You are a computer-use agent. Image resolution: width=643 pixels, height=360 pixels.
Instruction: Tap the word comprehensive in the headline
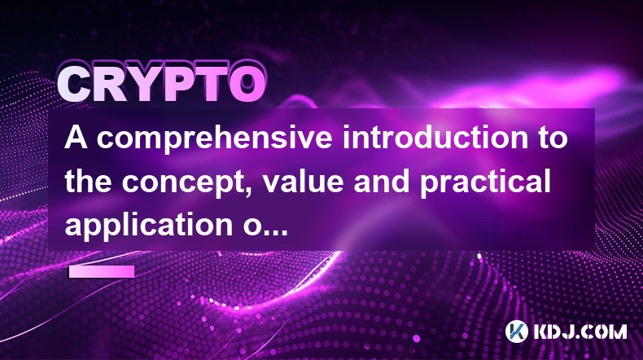click(x=215, y=138)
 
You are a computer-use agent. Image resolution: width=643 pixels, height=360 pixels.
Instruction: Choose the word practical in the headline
click(x=485, y=182)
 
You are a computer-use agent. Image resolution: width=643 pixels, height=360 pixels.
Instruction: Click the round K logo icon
click(x=517, y=331)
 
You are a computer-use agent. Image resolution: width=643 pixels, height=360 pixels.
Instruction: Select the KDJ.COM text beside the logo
click(x=580, y=331)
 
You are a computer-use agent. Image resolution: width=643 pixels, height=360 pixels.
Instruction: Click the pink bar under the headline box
click(x=102, y=271)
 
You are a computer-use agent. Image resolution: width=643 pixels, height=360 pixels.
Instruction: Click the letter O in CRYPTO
click(x=247, y=83)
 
